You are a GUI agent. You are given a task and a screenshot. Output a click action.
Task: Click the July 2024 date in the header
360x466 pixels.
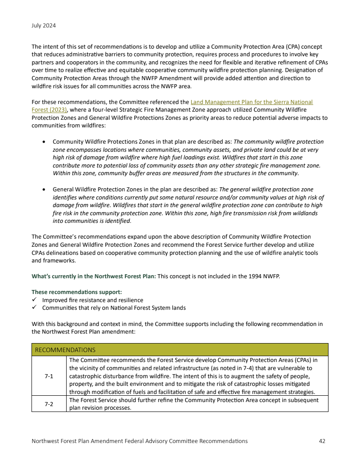[44, 26]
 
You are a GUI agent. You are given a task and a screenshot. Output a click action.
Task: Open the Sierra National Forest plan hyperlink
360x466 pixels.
[252, 102]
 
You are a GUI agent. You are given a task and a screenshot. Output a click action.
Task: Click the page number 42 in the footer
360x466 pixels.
[322, 441]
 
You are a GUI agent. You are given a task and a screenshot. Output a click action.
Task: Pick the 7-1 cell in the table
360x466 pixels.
[49, 376]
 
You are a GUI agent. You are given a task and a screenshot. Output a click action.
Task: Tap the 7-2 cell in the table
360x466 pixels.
[49, 404]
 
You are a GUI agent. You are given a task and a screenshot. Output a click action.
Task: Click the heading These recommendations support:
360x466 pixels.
[73, 292]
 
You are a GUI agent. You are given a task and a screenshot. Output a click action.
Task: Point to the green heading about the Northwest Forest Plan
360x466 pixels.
[94, 276]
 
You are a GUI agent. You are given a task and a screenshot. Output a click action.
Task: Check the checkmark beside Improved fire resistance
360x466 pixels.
[34, 300]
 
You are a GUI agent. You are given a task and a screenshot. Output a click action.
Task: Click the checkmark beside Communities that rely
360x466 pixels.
[34, 308]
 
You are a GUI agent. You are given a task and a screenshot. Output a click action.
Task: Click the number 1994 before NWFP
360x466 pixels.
[253, 276]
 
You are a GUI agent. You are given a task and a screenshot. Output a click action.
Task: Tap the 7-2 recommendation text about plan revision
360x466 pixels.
[193, 404]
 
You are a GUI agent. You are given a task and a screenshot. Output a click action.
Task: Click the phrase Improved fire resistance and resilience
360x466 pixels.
[93, 300]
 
